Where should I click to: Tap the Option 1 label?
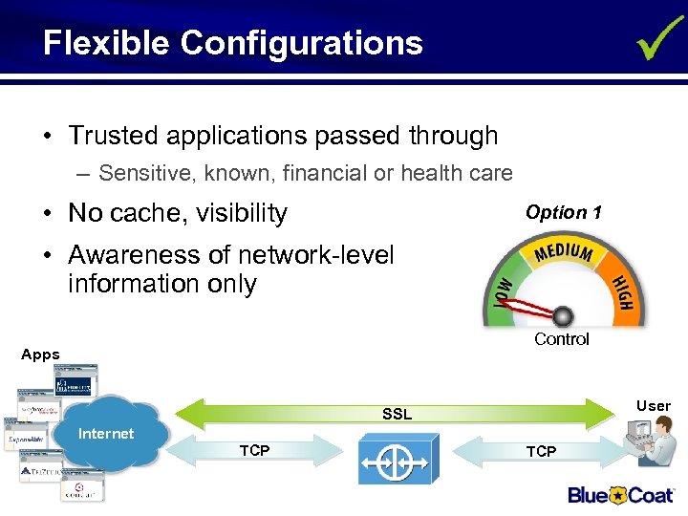(563, 213)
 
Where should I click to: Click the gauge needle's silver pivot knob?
(563, 314)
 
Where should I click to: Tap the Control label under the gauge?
(562, 339)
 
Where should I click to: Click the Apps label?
(40, 355)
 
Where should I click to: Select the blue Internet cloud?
(107, 435)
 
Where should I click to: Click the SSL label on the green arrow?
(397, 414)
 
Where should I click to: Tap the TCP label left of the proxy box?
(254, 451)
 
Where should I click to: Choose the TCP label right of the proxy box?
(541, 451)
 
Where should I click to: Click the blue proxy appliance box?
(398, 460)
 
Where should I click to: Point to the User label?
(654, 406)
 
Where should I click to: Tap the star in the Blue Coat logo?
(617, 495)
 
